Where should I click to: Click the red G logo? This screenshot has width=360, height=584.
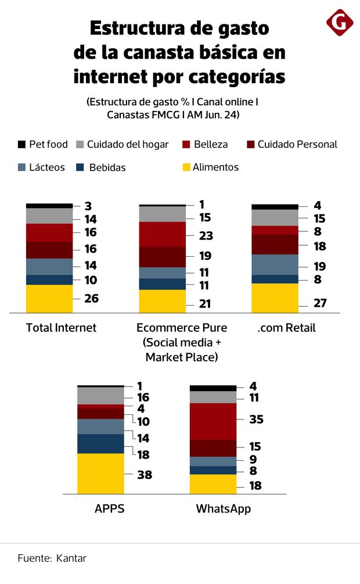340,23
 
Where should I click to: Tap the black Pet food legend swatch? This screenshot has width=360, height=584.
21,144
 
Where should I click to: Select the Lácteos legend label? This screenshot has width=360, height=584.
46,167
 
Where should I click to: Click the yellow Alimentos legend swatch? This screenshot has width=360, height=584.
186,167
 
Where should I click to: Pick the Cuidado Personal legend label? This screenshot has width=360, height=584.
297,144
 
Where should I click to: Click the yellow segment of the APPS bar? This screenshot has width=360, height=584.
100,473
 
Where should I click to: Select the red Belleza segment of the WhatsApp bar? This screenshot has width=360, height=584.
213,421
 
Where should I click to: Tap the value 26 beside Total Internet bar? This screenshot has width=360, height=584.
91,299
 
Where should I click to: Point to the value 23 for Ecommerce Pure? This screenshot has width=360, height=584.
206,236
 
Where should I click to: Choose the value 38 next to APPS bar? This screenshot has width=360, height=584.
145,475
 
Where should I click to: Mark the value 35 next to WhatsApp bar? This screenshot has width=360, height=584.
256,419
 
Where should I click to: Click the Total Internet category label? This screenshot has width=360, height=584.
61,328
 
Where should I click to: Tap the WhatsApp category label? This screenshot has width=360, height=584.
224,509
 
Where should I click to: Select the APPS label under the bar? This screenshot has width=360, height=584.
110,509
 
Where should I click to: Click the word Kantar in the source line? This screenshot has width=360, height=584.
71,558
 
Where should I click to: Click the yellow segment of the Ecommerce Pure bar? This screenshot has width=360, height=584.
162,301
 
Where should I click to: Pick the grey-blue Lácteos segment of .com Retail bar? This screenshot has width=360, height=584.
275,264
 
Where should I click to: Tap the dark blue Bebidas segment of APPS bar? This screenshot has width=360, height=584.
100,443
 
